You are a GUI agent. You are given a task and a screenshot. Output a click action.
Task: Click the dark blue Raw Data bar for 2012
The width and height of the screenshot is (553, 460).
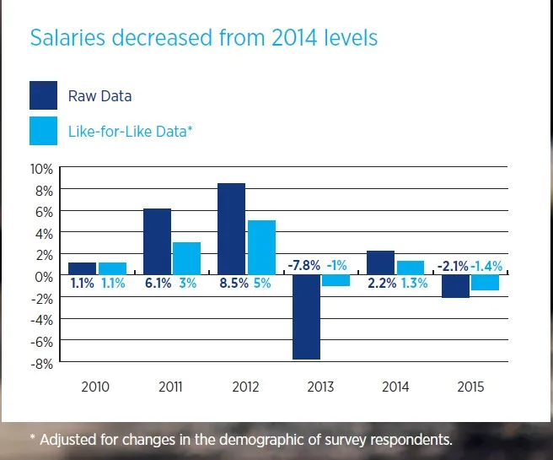point(231,229)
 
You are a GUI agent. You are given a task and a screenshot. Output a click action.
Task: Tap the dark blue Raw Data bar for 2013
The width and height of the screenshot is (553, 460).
point(308,317)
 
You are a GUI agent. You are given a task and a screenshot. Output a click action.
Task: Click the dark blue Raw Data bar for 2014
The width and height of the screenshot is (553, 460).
point(380,263)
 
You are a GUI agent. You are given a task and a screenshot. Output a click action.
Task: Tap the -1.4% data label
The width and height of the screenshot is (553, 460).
point(486,266)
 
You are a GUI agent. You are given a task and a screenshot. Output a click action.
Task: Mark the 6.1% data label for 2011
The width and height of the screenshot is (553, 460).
point(156,284)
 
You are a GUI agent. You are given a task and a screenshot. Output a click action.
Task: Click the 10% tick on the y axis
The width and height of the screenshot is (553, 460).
point(41,168)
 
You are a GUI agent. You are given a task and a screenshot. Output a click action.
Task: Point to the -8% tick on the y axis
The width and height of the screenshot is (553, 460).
point(42,364)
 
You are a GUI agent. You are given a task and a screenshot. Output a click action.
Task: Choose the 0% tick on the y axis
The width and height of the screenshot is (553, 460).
point(44,277)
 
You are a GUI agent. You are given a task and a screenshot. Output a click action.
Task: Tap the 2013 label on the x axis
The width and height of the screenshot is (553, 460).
point(320,387)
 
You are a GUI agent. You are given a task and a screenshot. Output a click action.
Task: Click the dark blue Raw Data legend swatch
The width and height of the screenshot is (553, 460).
point(43,95)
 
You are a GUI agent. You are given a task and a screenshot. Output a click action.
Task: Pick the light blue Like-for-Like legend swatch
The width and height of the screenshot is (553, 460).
point(43,131)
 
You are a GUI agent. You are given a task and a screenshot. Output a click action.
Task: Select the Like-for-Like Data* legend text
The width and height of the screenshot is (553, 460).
point(130,132)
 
